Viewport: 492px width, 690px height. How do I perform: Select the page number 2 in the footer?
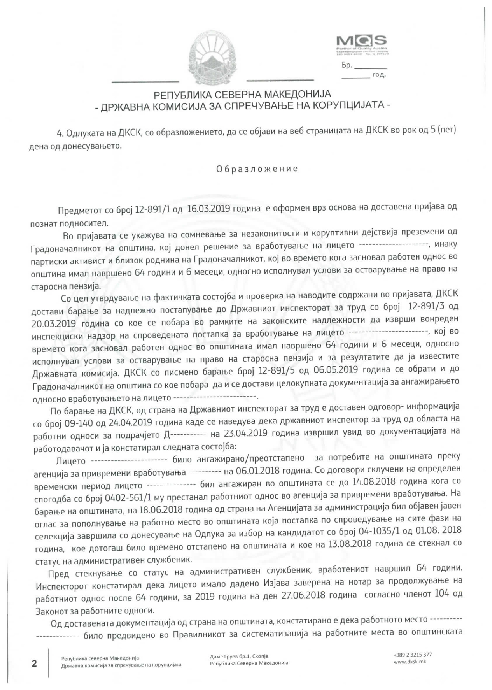pos(34,664)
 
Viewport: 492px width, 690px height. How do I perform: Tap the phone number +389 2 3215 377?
pos(412,655)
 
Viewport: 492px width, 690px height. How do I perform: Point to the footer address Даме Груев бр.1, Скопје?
pos(239,657)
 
